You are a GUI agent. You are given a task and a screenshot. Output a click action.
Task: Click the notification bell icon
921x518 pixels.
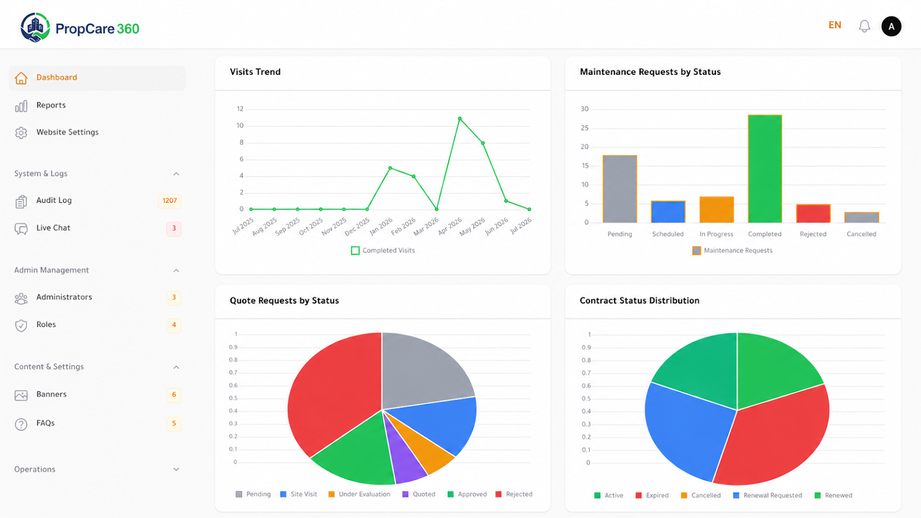[864, 26]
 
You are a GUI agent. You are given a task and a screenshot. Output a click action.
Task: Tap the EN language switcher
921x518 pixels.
[835, 25]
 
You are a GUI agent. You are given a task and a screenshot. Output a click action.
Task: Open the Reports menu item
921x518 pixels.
[51, 105]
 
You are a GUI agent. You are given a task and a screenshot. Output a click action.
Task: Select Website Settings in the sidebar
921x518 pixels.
[67, 132]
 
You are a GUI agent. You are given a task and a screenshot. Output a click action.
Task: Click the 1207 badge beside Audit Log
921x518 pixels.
[169, 201]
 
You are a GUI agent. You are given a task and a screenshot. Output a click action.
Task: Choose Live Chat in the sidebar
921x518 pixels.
[53, 228]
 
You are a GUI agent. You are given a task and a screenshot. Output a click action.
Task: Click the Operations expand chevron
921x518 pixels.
[176, 470]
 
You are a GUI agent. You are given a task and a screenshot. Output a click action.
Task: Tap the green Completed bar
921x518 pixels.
[765, 169]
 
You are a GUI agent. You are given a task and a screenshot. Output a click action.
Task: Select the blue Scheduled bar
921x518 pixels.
[668, 212]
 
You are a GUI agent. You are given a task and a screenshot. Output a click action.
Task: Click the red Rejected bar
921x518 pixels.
[813, 214]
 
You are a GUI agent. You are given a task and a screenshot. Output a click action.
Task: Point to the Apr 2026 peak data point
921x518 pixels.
[460, 119]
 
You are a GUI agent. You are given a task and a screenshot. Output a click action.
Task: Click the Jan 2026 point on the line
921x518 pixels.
[390, 167]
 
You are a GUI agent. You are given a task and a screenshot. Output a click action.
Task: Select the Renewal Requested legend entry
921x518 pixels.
[767, 496]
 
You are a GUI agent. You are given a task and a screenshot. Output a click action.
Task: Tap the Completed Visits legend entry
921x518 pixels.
[383, 250]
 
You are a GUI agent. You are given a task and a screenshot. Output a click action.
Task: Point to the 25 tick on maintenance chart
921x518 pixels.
[584, 128]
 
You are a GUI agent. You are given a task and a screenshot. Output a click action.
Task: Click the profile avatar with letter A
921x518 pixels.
[891, 26]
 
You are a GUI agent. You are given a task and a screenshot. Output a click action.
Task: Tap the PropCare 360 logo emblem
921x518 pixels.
[35, 28]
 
